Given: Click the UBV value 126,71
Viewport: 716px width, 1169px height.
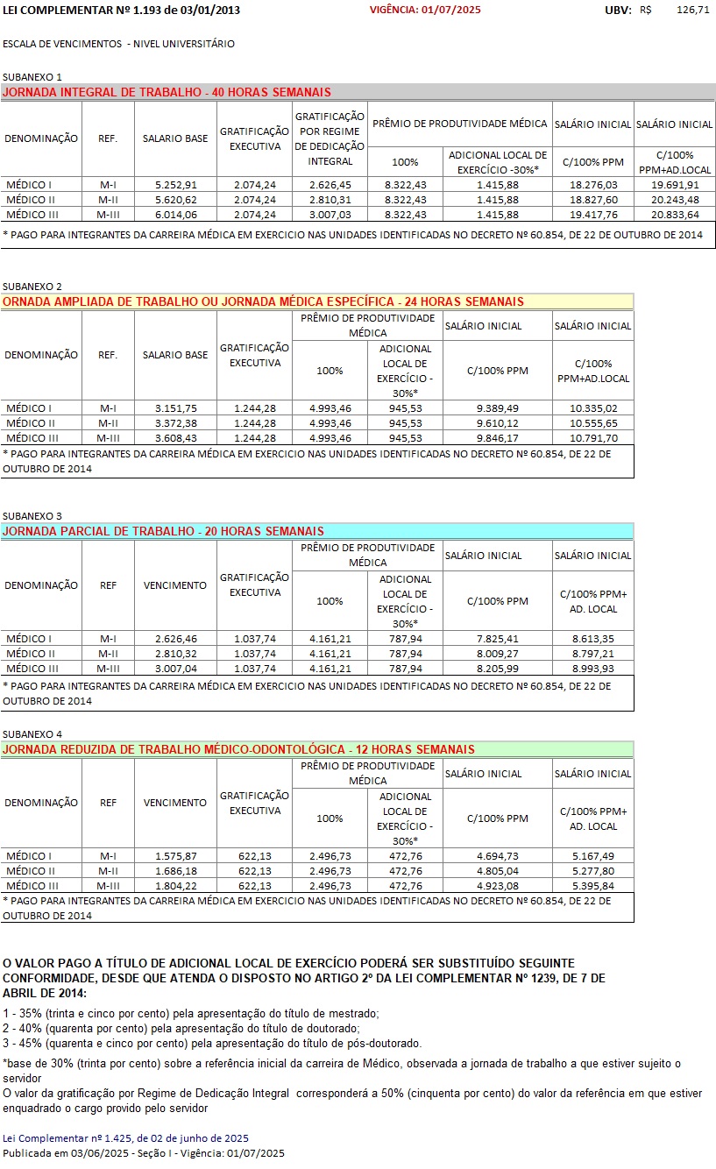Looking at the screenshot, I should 693,10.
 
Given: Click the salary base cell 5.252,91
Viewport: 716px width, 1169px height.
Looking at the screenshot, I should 175,185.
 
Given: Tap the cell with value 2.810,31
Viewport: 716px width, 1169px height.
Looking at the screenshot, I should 330,200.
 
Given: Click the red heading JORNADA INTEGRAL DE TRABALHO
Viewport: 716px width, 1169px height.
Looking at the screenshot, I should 167,92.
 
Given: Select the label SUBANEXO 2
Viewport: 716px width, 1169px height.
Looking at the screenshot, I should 32,287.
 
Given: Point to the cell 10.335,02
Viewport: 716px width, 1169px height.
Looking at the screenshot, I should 593,408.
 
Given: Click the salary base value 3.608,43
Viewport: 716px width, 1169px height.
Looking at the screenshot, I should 175,438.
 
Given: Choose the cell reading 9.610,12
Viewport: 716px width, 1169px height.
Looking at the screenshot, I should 498,423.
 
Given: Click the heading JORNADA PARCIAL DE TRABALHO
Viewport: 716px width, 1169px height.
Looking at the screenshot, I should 164,531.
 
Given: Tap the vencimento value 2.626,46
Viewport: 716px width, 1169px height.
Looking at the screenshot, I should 175,639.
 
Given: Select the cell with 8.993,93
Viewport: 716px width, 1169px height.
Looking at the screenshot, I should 593,669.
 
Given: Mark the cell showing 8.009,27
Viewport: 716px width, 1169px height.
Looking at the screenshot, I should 498,654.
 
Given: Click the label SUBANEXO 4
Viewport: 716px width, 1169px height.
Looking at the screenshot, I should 32,733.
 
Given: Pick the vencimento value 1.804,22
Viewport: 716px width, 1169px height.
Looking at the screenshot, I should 175,886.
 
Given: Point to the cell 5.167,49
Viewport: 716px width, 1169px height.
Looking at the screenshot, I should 593,856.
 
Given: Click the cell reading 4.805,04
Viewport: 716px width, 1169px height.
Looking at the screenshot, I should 498,871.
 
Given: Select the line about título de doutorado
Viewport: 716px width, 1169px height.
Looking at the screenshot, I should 181,1028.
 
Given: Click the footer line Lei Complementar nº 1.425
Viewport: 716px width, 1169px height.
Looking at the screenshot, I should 126,1138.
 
